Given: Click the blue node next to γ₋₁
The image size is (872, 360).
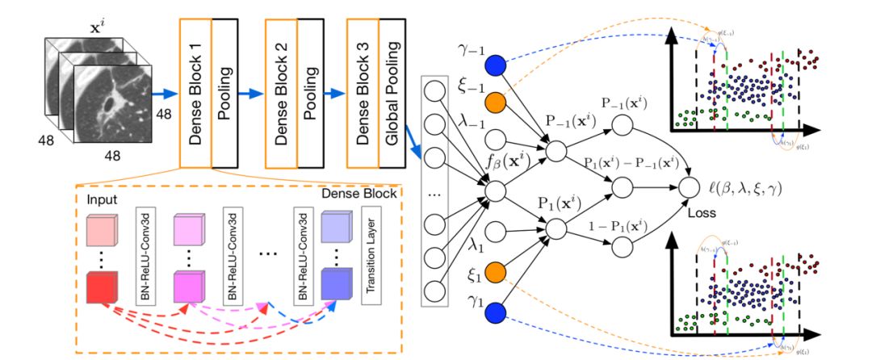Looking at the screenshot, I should pos(495,63).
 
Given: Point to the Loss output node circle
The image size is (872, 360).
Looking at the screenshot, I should pos(688,187).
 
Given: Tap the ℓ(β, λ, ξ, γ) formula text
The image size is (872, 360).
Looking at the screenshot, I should pos(747,189).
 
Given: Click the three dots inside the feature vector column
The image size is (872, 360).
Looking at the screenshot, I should pos(436,195).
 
